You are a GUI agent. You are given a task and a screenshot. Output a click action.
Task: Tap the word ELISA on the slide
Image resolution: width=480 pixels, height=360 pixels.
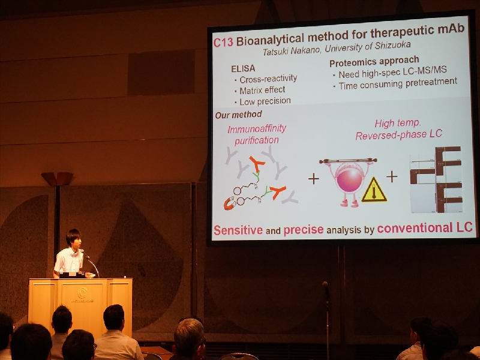[x=243, y=69]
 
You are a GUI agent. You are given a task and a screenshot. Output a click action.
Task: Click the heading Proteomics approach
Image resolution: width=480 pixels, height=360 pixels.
[x=374, y=62]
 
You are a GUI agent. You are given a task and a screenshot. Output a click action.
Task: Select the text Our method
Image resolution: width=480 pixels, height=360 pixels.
[x=238, y=115]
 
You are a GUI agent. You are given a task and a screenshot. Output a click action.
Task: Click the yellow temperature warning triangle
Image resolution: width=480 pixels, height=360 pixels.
[x=374, y=190]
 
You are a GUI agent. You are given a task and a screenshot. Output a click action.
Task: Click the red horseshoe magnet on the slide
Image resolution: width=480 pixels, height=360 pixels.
[x=229, y=204]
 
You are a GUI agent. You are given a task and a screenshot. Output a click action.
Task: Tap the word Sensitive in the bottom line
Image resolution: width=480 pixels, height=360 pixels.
[x=238, y=230]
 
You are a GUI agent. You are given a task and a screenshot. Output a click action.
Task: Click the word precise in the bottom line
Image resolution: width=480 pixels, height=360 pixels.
[x=304, y=230]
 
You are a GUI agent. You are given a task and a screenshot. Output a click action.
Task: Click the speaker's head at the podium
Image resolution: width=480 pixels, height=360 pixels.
[x=74, y=238]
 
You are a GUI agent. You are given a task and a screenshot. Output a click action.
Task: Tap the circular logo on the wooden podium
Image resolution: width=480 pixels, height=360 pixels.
[x=82, y=293]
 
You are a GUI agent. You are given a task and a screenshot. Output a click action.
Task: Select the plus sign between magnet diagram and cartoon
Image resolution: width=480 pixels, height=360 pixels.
[x=313, y=179]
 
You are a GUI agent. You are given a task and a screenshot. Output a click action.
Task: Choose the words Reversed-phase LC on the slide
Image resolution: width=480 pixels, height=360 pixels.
[x=398, y=134]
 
